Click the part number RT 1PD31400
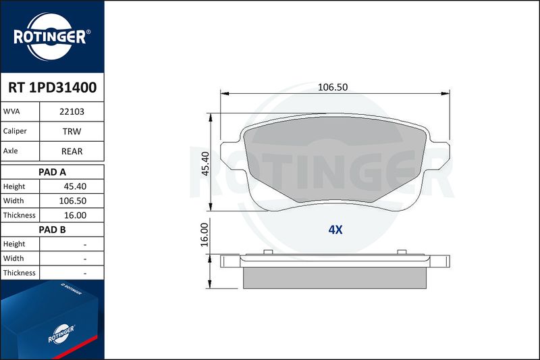click(x=53, y=88)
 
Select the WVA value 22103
click(x=72, y=111)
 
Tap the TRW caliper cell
click(x=72, y=131)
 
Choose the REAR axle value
click(x=72, y=151)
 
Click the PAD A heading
click(x=52, y=172)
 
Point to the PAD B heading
click(x=52, y=230)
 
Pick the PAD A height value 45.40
click(x=75, y=186)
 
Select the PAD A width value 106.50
click(x=73, y=201)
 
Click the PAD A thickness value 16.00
click(x=75, y=215)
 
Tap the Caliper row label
click(x=15, y=131)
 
